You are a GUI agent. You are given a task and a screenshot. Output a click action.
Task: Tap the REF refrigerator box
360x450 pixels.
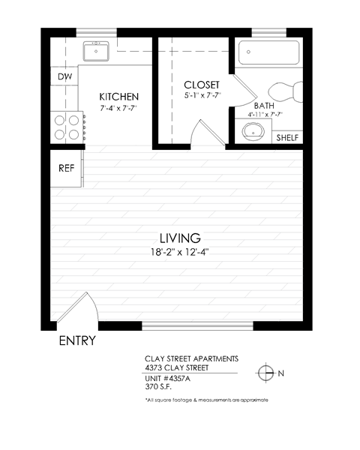(x=67, y=169)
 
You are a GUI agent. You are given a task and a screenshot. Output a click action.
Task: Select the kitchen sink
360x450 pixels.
(x=97, y=52)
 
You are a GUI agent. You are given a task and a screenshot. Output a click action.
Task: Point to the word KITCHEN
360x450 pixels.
(x=119, y=97)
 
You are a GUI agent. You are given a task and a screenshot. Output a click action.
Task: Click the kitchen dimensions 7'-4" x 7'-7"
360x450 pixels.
(x=119, y=109)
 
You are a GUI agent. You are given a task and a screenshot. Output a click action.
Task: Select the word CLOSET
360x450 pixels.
(x=201, y=84)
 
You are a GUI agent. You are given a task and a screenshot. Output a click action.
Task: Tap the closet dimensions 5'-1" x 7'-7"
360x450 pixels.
(x=201, y=95)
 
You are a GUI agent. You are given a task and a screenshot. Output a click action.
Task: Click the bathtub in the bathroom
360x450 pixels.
(x=268, y=53)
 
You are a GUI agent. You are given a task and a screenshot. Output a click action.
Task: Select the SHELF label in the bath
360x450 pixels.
(x=288, y=139)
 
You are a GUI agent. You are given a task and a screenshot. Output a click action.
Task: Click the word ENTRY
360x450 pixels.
(x=77, y=342)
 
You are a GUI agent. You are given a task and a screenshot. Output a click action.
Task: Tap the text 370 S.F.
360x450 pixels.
(x=159, y=386)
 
